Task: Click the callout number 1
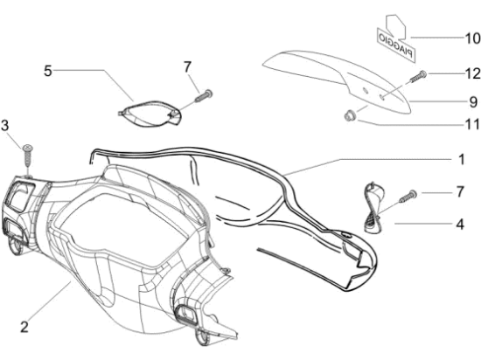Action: coord(462,160)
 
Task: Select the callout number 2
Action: coord(24,327)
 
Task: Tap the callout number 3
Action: coord(5,126)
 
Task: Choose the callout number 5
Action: coord(48,71)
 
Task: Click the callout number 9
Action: coord(473,102)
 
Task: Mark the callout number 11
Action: coord(472,124)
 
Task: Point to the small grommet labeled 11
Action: coord(349,116)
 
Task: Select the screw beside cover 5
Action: coord(204,96)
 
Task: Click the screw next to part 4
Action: coord(408,197)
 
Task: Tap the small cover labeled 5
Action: coord(150,114)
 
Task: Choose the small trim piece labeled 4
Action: coord(373,208)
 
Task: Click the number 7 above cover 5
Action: coord(187,67)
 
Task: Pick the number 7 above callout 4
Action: coord(460,192)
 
